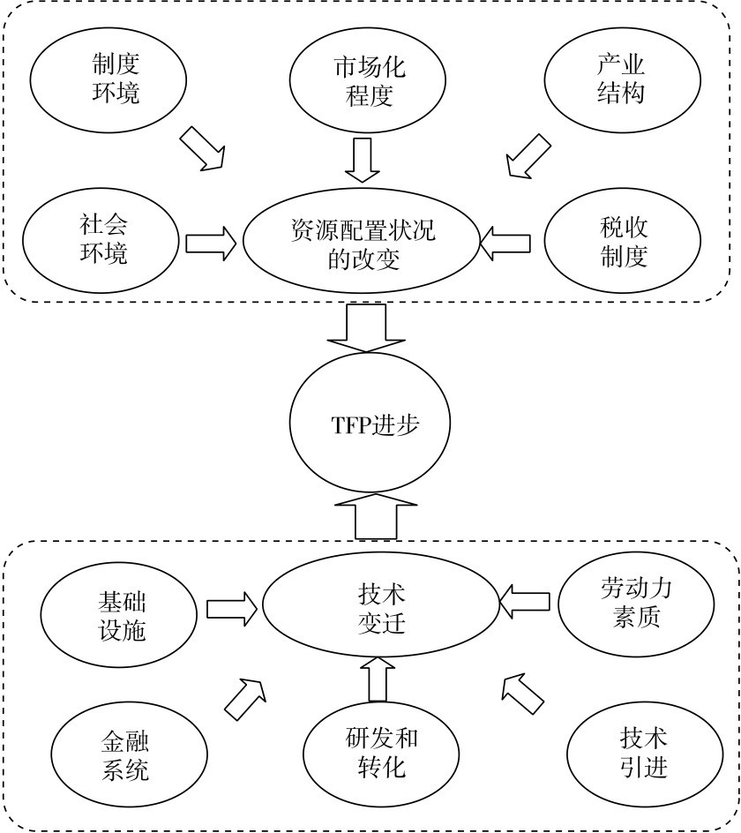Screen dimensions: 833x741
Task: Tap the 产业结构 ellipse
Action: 619,79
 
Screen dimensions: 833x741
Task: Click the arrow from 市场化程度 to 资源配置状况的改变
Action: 363,158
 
